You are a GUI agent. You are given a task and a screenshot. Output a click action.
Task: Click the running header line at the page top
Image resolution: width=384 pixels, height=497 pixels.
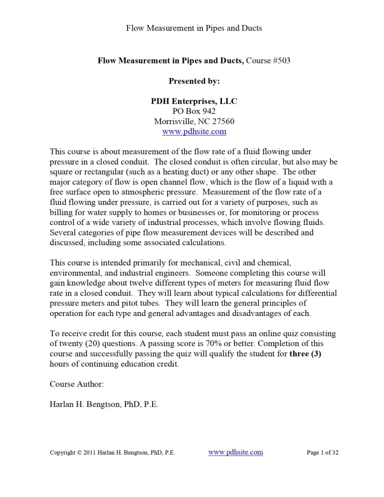pos(193,28)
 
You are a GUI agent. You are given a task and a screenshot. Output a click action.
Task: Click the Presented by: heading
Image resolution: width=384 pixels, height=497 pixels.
pos(194,80)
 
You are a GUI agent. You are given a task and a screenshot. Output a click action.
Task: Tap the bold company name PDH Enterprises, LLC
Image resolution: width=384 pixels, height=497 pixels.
pos(194,101)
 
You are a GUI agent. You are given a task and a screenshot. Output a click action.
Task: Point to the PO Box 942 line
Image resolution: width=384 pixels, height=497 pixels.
pos(194,111)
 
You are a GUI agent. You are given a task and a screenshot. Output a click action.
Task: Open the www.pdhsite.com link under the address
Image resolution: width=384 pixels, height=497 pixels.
pos(194,132)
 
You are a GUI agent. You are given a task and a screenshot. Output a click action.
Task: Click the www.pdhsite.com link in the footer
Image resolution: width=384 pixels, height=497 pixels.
pos(235,452)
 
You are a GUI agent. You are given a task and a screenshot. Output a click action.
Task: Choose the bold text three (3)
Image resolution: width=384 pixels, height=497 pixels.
pos(308,354)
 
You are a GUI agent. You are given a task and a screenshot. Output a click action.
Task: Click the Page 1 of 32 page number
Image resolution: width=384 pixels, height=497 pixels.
pos(322,453)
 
